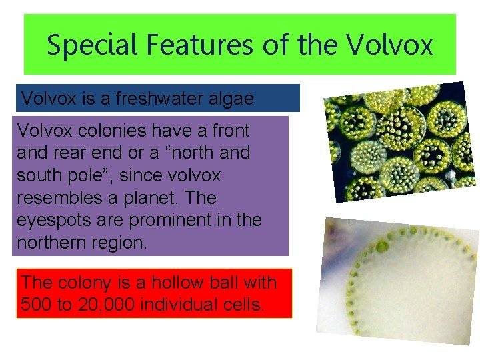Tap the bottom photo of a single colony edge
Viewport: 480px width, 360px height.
pyautogui.click(x=398, y=280)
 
